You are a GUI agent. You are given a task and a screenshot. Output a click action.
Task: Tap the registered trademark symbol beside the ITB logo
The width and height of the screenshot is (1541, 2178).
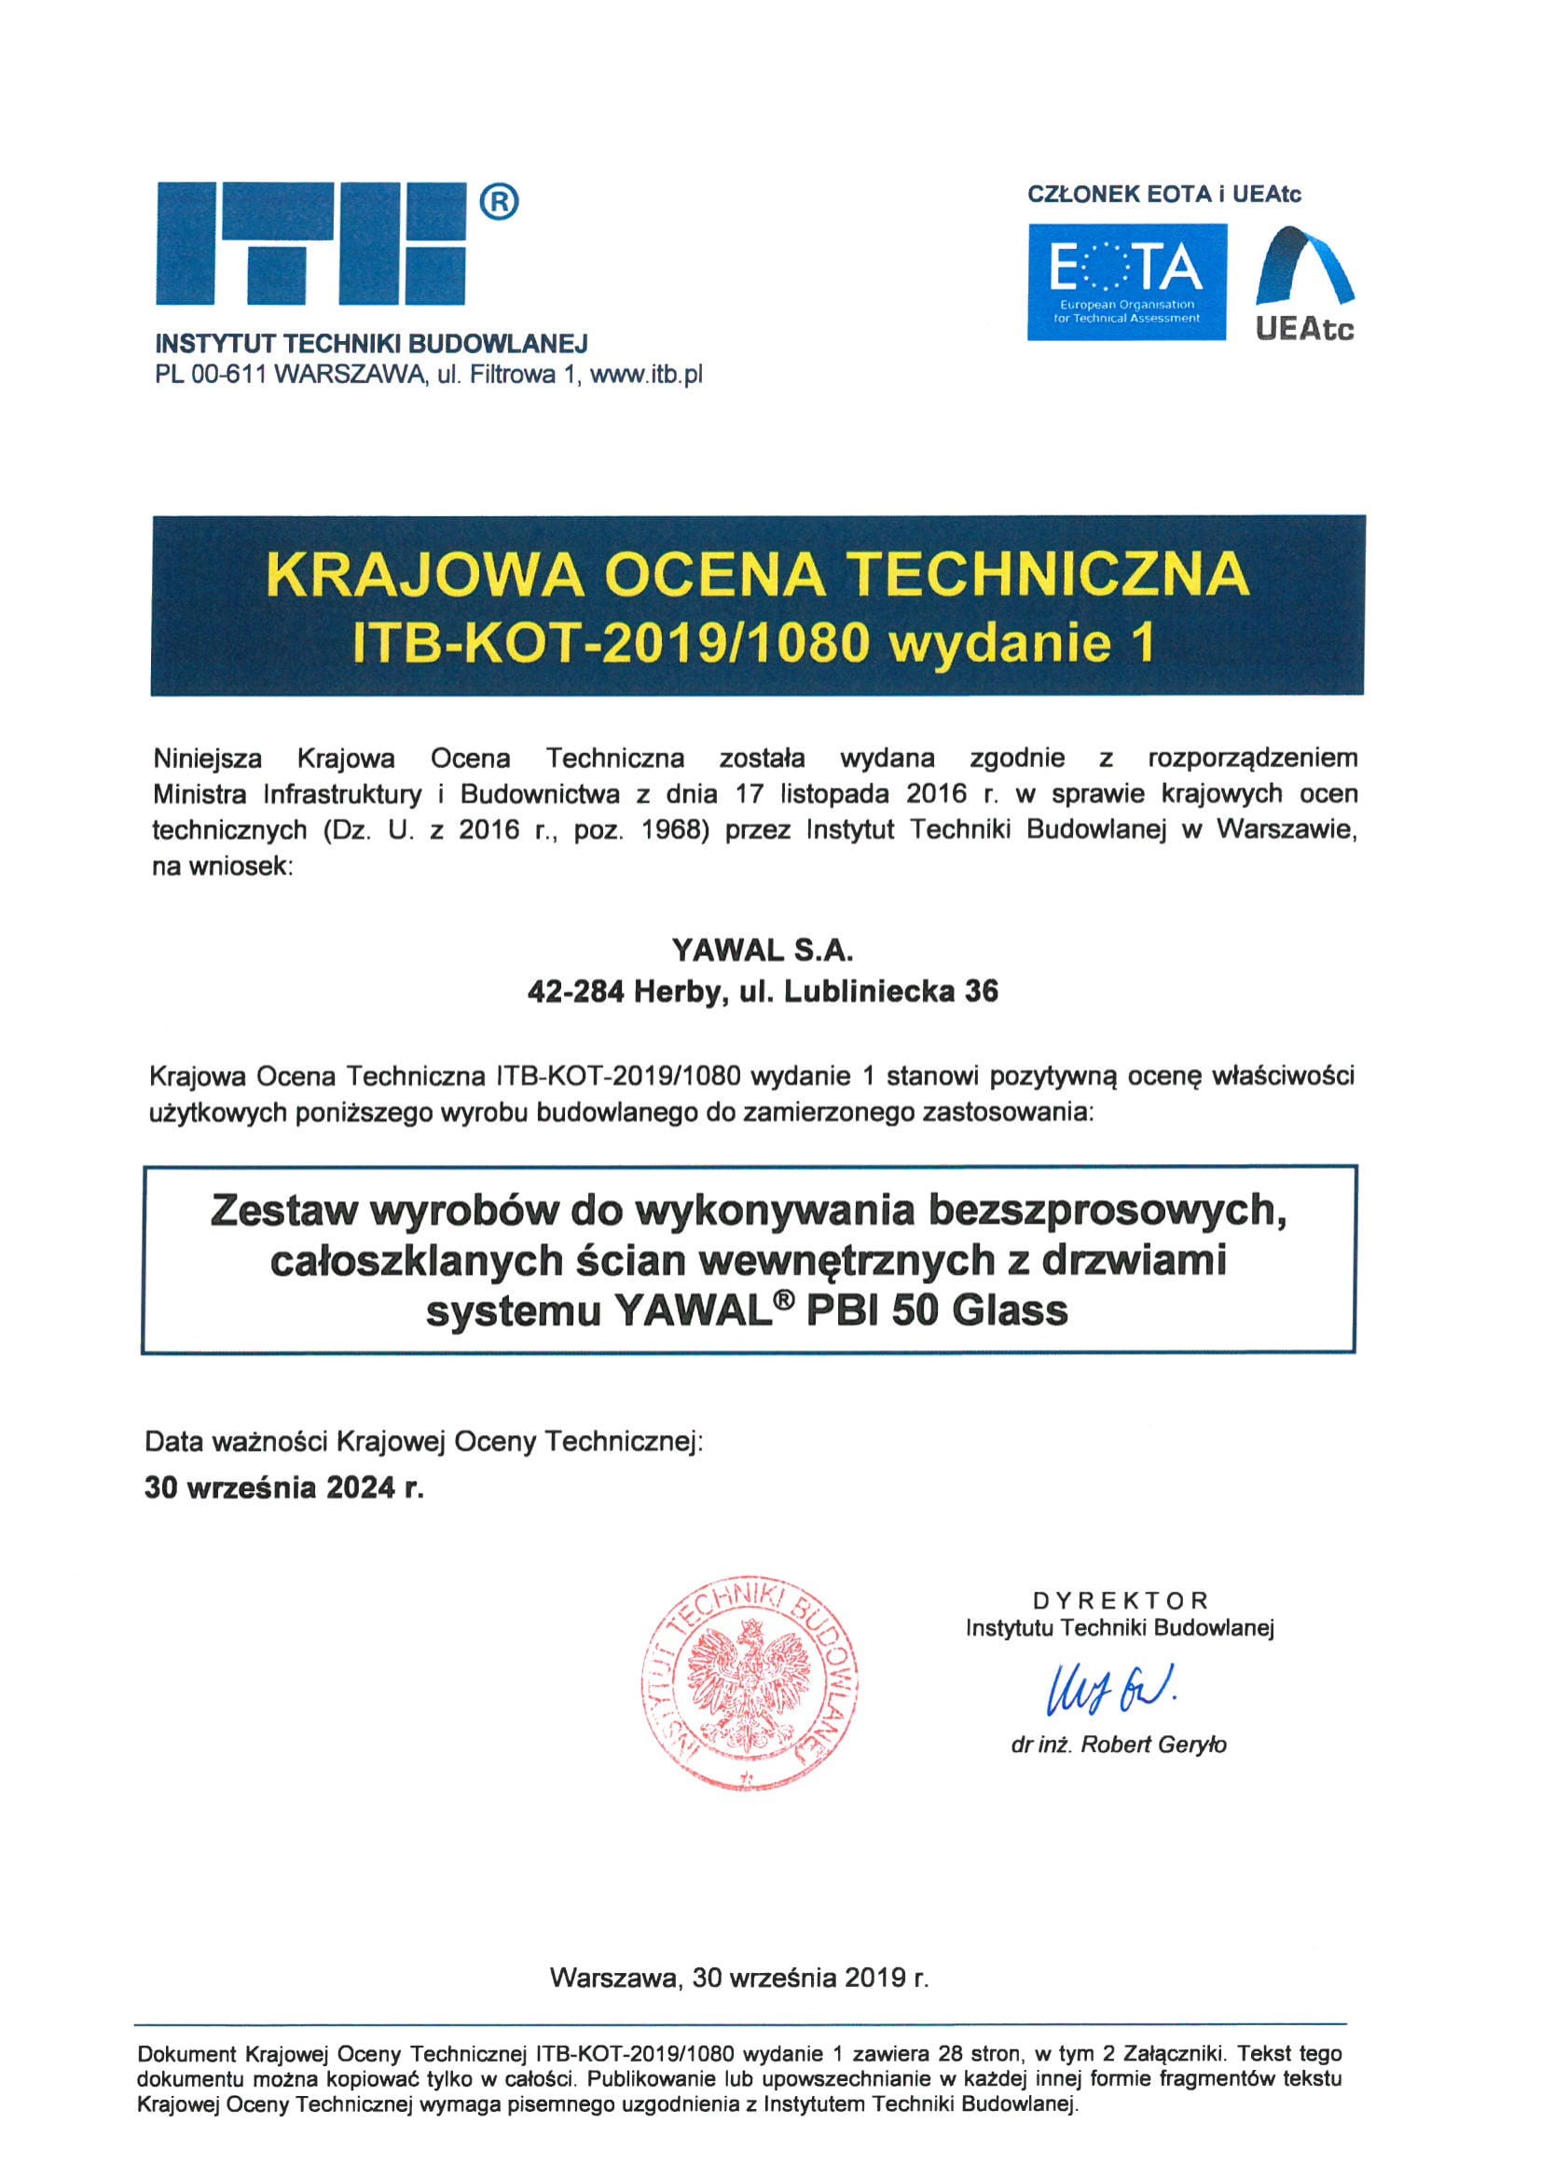tap(499, 201)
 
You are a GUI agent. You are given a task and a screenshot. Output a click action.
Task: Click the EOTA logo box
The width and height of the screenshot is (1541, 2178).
tap(1127, 281)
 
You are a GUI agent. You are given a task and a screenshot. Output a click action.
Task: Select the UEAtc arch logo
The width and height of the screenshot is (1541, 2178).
tap(1305, 282)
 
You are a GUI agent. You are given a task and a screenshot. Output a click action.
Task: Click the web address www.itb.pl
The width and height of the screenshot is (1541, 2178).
tap(646, 375)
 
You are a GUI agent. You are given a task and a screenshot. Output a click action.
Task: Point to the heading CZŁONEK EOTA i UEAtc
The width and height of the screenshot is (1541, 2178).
tap(1164, 195)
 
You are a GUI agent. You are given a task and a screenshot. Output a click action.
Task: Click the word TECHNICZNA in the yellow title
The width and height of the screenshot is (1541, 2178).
tap(1046, 574)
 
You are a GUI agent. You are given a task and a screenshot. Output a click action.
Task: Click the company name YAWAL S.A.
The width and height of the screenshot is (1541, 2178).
tap(764, 950)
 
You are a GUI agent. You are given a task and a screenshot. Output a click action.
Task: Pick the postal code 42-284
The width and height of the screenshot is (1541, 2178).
tap(576, 993)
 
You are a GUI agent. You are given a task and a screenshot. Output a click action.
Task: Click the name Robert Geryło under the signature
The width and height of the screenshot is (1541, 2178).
tap(1153, 1745)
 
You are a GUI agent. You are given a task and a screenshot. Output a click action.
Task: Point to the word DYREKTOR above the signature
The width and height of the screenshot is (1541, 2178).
tap(1120, 1601)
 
